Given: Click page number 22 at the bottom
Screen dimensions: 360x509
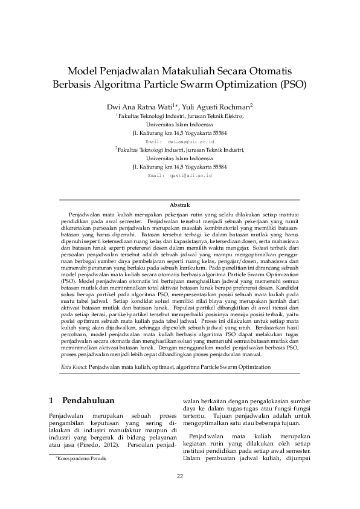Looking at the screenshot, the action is point(180,476).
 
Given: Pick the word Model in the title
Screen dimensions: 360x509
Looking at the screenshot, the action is point(83,70).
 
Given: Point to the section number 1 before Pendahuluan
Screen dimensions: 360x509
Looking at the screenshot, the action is point(50,400).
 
